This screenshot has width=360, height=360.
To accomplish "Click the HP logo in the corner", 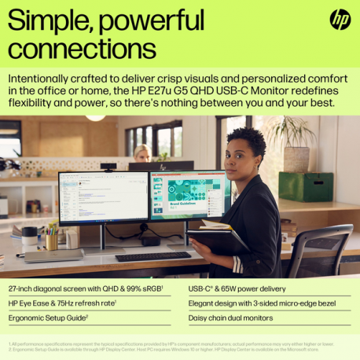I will coord(340,19).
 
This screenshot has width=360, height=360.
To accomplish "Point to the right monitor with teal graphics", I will coord(189,196).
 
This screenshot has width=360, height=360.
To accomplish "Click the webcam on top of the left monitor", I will coord(108,167).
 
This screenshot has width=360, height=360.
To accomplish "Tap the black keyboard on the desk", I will coord(152,256).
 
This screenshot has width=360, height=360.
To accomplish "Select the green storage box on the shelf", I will coord(306,186).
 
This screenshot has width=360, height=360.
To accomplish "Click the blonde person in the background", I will coord(142,152).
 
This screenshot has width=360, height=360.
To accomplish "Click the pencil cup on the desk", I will coord(52,241).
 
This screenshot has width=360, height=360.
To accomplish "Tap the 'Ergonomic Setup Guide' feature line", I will coord(49,318).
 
